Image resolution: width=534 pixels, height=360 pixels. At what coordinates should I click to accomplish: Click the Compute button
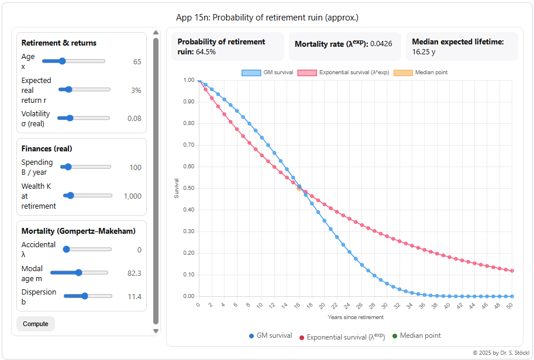[x=35, y=324]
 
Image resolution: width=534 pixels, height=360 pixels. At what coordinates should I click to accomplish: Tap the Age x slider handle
[x=62, y=61]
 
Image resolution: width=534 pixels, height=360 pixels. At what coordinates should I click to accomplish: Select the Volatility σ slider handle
[x=70, y=118]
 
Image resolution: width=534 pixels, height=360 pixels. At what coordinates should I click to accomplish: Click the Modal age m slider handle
[x=78, y=272]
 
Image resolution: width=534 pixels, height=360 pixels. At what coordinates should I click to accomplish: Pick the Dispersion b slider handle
[x=85, y=296]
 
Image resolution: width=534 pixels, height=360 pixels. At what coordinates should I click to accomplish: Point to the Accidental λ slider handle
[x=66, y=250]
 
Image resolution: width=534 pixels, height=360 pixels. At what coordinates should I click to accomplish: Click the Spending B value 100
[x=135, y=168]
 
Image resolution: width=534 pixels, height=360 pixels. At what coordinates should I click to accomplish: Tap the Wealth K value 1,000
[x=132, y=196]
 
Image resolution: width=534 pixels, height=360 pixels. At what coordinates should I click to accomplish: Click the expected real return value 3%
[x=136, y=91]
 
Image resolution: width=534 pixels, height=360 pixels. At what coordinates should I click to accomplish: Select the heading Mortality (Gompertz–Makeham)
[x=78, y=231]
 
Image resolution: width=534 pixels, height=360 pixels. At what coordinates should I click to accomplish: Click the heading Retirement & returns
[x=59, y=43]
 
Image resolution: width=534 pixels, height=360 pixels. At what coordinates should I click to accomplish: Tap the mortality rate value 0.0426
[x=381, y=44]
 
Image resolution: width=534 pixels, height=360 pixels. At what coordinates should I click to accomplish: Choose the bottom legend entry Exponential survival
[x=342, y=337]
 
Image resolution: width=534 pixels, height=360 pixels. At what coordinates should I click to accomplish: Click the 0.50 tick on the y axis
[x=188, y=188]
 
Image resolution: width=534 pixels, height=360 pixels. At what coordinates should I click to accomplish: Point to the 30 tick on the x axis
[x=384, y=305]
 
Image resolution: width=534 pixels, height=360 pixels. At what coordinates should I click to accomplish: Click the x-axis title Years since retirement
[x=356, y=317]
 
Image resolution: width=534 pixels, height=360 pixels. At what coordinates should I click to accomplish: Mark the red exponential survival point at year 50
[x=512, y=271]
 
